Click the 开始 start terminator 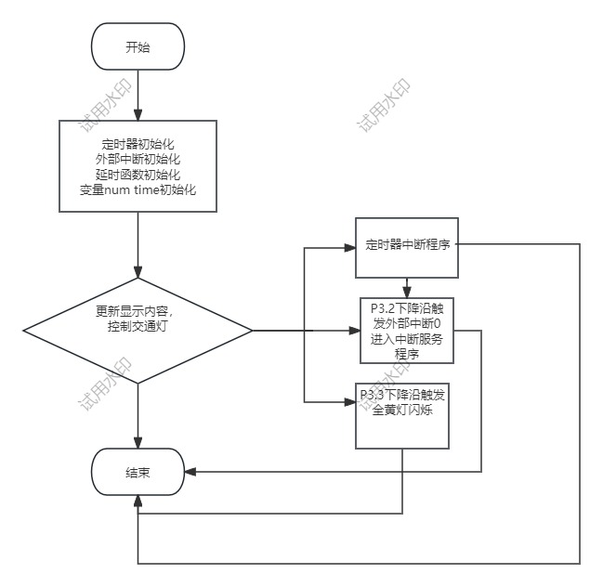tap(138, 46)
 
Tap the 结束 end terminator tap(138, 473)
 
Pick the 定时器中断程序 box tap(407, 247)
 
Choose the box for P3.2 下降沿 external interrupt tap(407, 330)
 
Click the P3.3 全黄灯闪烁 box tap(402, 415)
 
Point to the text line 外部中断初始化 tap(138, 161)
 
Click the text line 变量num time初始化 tap(138, 190)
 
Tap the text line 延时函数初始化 tap(138, 176)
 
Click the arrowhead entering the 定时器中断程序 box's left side tap(350, 248)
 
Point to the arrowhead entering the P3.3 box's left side tap(350, 401)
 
